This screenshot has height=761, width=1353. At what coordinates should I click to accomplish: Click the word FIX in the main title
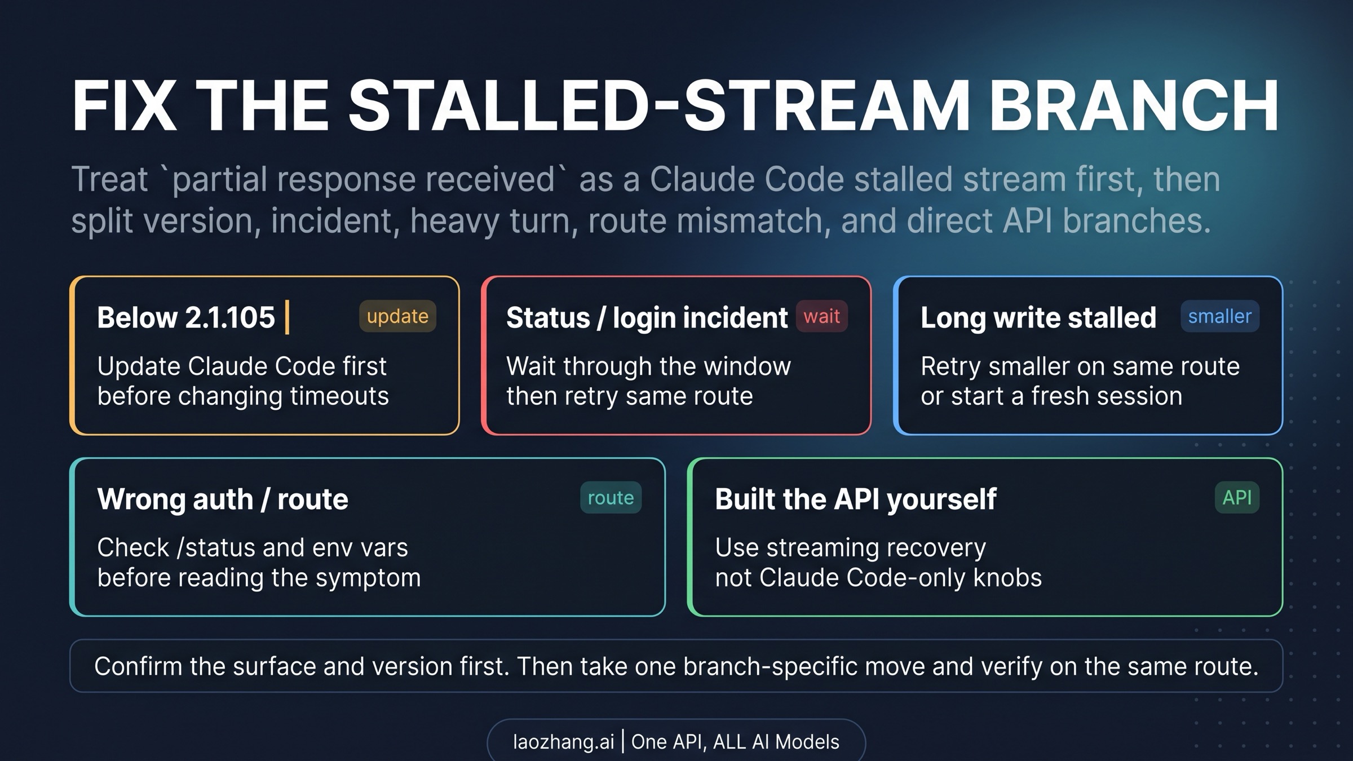[123, 105]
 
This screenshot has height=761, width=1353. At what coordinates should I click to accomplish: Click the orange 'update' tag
[397, 316]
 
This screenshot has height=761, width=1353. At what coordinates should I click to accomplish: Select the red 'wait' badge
[821, 316]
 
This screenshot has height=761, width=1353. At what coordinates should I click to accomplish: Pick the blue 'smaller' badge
[1220, 316]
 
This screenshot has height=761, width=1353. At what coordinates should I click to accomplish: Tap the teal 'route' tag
[611, 497]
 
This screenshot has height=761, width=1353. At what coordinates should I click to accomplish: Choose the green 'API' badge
[1237, 497]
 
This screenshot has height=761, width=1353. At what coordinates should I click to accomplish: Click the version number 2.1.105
[230, 317]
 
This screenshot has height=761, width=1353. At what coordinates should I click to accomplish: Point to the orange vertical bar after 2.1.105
[288, 317]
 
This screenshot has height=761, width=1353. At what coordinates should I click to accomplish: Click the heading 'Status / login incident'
[647, 318]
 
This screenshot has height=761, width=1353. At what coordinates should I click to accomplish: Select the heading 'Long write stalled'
[1038, 318]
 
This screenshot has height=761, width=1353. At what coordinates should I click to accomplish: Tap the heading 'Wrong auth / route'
[223, 499]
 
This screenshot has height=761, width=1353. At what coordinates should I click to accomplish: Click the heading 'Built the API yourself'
[856, 499]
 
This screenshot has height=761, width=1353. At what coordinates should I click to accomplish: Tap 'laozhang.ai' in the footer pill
[563, 742]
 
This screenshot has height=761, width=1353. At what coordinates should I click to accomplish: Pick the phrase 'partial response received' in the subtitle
[364, 179]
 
